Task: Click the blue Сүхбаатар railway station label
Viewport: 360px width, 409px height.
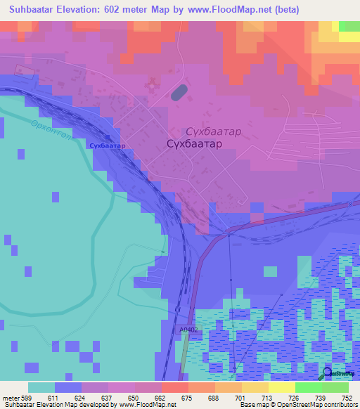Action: (x=108, y=145)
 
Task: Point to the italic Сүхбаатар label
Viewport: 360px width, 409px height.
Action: (x=213, y=131)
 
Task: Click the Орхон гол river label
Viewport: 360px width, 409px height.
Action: (x=50, y=131)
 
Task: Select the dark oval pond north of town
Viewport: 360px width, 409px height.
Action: (x=179, y=92)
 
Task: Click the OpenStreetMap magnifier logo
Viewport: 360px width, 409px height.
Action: (x=328, y=374)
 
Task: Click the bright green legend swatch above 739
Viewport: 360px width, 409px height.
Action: (x=308, y=387)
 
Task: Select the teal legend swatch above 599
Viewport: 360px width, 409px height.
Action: (x=41, y=387)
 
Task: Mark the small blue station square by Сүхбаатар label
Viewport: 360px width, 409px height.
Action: (x=108, y=138)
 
